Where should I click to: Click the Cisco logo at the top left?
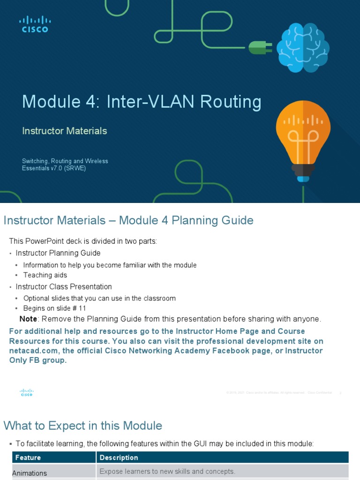[35, 24]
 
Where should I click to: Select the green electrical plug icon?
[259, 47]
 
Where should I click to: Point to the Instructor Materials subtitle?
[65, 131]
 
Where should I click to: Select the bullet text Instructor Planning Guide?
[58, 253]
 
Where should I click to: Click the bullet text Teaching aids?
[45, 275]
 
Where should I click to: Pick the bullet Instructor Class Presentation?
[64, 286]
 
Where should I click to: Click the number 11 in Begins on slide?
[82, 308]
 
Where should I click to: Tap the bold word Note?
[28, 319]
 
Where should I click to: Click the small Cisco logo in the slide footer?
[26, 393]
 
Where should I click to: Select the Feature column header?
[28, 457]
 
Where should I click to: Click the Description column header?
[119, 457]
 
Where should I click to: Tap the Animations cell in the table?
[30, 473]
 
